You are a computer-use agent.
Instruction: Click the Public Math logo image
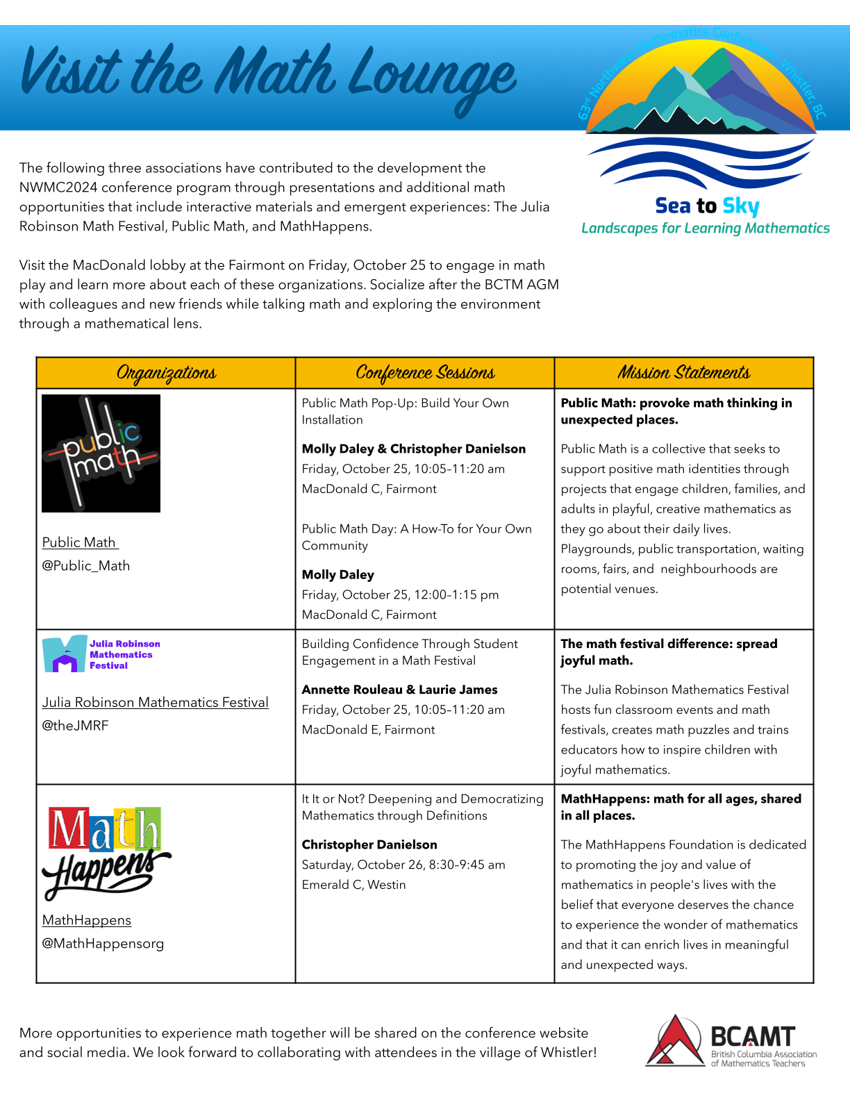(101, 453)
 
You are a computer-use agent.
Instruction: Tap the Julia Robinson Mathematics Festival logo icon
(65, 654)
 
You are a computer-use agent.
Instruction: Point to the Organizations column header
(166, 373)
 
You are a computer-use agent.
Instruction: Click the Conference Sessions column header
(425, 373)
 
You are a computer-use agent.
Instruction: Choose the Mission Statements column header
(684, 373)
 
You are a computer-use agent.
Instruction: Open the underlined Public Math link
(80, 542)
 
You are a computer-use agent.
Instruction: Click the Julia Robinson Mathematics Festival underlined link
(155, 702)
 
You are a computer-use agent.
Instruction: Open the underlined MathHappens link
(87, 920)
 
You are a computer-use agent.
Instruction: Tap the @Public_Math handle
(86, 565)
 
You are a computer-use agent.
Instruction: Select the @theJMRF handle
(75, 725)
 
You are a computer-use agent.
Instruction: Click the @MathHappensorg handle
(103, 943)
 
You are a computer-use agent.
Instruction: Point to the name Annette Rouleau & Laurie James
(399, 690)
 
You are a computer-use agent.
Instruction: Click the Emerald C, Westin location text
(353, 885)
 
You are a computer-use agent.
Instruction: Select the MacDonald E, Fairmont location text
(368, 730)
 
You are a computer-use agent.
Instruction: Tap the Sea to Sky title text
(707, 206)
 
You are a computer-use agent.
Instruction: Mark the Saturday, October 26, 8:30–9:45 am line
(403, 865)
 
